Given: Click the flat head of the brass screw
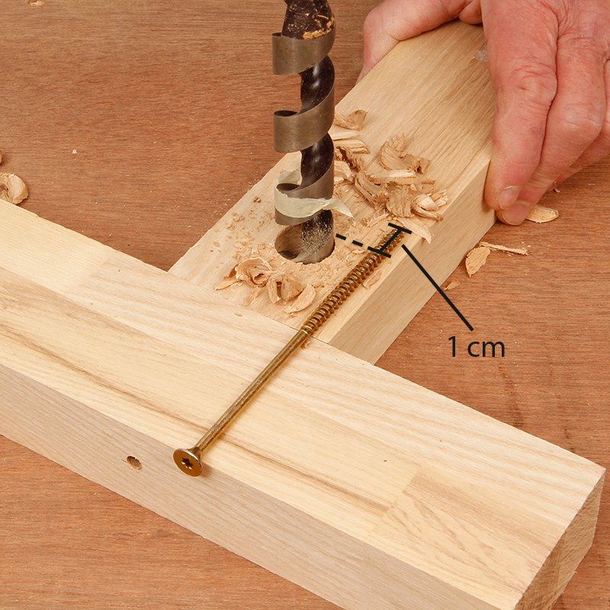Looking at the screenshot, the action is coord(188,461).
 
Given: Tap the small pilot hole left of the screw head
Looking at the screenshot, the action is coord(134,463).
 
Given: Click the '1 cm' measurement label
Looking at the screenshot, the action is coord(476,347).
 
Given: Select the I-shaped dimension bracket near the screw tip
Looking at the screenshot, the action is coord(394,240).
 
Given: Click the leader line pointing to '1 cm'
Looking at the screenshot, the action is coord(438,287).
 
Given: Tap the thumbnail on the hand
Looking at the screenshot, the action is coord(509,197).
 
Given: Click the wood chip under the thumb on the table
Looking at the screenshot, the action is coord(543,214).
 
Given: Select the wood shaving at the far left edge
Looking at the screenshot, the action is coord(13,188).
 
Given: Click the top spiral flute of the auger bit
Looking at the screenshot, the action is coord(303,53).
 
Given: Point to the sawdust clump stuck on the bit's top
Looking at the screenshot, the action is coord(319,24).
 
